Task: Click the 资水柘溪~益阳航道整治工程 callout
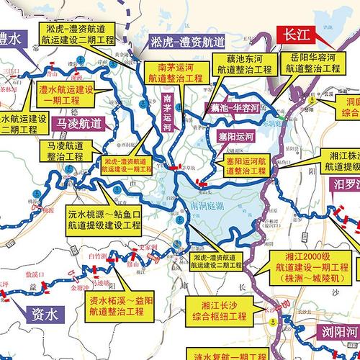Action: pyautogui.click(x=116, y=307)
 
